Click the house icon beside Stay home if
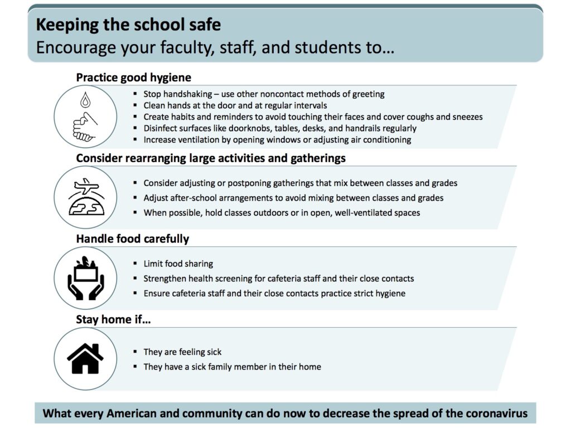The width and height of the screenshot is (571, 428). pos(85,358)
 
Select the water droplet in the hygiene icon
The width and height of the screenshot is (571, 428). pos(85,101)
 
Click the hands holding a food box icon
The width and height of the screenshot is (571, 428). pos(85,277)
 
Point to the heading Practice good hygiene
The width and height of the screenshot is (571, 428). pos(133,77)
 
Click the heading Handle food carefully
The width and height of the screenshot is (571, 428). pos(132,239)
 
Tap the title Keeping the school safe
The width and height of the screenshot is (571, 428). pos(128,25)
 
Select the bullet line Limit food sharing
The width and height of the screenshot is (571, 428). pos(178,264)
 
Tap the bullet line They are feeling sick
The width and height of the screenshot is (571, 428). pos(182,352)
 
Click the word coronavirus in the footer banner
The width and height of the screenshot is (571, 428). pos(494,414)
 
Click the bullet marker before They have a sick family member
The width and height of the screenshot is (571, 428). pos(136,367)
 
